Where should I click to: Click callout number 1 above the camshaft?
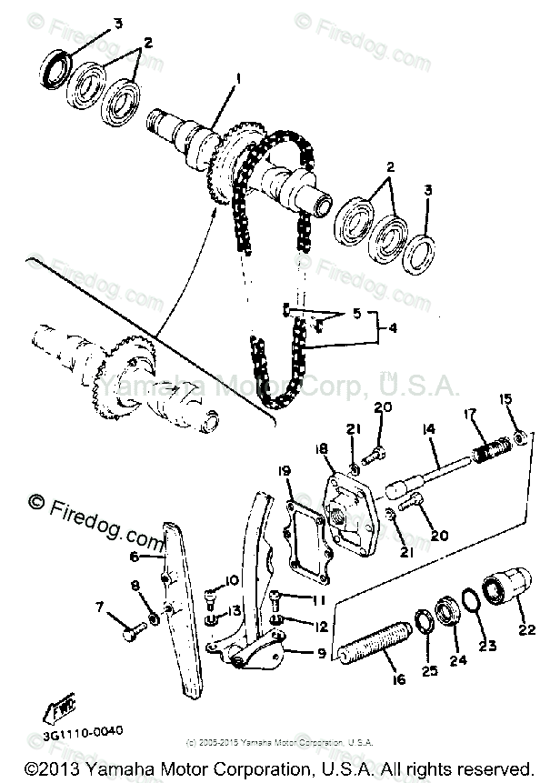click(237, 79)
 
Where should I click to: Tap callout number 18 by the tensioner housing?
click(323, 449)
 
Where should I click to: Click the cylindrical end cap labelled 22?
click(502, 588)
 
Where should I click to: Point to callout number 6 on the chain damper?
click(134, 557)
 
